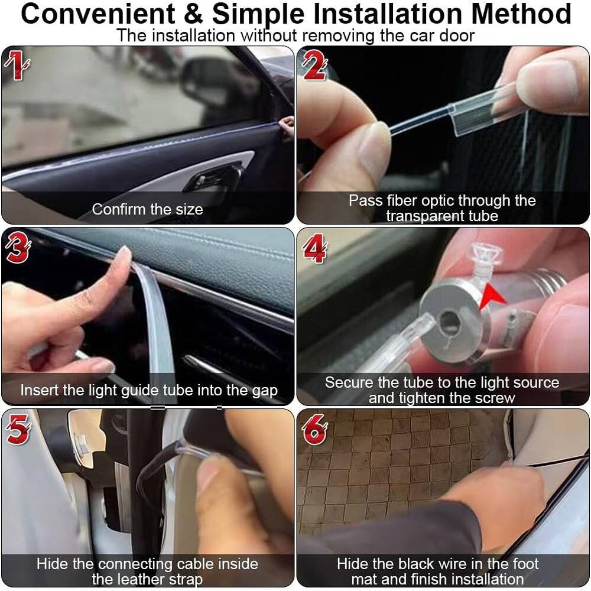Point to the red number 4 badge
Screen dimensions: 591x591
tap(314, 249)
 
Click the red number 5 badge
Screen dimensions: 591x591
tap(17, 430)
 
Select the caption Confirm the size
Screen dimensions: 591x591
tap(147, 209)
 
